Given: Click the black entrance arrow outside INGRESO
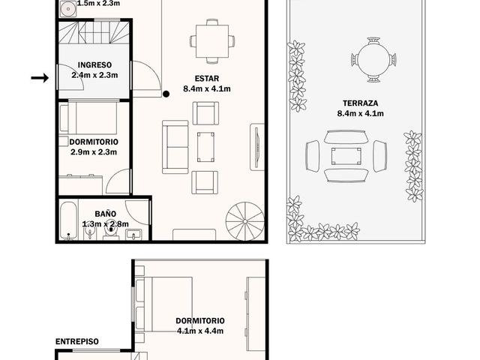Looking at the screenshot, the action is pyautogui.click(x=40, y=78).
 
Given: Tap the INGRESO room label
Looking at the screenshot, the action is pyautogui.click(x=94, y=65).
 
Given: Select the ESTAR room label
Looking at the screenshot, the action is pyautogui.click(x=207, y=78).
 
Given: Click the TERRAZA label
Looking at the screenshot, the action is pyautogui.click(x=360, y=103).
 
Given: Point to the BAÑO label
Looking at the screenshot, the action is pyautogui.click(x=105, y=214).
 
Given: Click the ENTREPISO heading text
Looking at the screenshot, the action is pyautogui.click(x=76, y=341).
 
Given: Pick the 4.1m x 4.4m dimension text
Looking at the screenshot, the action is pyautogui.click(x=200, y=331).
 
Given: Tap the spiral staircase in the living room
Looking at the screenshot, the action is pyautogui.click(x=245, y=221).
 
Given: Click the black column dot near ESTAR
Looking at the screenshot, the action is pyautogui.click(x=166, y=94).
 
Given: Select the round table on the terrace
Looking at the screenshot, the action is pyautogui.click(x=373, y=60).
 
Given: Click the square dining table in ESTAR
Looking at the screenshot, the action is pyautogui.click(x=212, y=41).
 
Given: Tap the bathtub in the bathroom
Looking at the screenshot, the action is pyautogui.click(x=68, y=220).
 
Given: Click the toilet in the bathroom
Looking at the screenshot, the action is pyautogui.click(x=111, y=232).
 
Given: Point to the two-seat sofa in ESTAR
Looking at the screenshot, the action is pyautogui.click(x=175, y=147).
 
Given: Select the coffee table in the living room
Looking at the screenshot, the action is pyautogui.click(x=205, y=147).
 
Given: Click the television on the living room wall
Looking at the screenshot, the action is pyautogui.click(x=257, y=147).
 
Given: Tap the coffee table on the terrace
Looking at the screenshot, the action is pyautogui.click(x=346, y=157).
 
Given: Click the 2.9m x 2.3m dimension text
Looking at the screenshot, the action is pyautogui.click(x=94, y=152).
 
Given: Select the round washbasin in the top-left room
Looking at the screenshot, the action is pyautogui.click(x=67, y=8).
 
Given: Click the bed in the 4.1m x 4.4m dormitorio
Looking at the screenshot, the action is pyautogui.click(x=163, y=304).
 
